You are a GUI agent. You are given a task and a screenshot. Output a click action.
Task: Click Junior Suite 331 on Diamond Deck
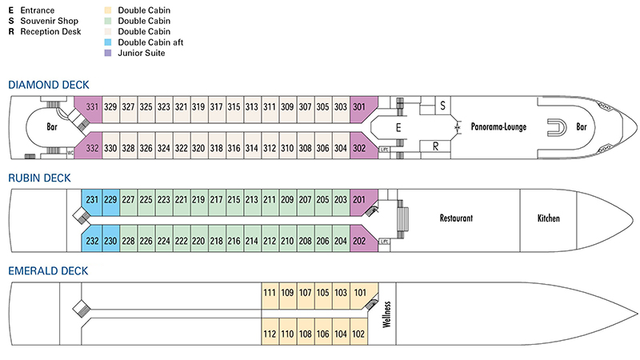[93, 107]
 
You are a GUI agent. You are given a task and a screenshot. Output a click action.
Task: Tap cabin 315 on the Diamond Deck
[234, 107]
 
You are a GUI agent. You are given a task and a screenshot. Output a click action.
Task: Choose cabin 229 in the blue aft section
[110, 199]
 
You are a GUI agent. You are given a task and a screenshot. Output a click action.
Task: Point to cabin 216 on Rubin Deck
[234, 241]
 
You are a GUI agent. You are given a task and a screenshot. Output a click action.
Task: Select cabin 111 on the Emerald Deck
[270, 293]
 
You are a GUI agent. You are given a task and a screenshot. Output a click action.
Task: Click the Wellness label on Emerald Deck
[386, 314]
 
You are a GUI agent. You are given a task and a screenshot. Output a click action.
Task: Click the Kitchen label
[549, 218]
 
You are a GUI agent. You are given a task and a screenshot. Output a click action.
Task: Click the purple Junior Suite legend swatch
[110, 53]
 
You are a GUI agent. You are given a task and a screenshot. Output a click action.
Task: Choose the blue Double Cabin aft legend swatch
[110, 42]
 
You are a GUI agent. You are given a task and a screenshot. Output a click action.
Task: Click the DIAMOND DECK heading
[48, 85]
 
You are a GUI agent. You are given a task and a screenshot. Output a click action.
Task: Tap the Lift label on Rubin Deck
[385, 241]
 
